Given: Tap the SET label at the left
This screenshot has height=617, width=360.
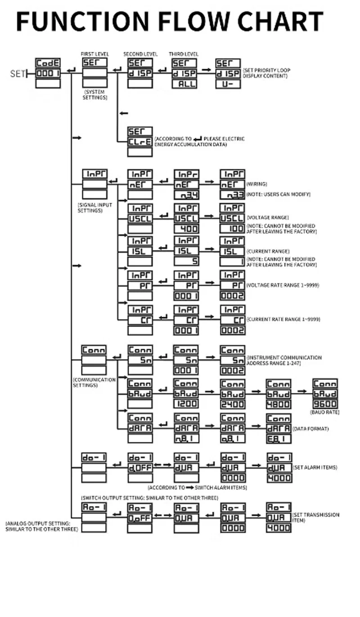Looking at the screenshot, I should click(18, 73).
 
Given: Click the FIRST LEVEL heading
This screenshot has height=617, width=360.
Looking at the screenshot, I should click(94, 54).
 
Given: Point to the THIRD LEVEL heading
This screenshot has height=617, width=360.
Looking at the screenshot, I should click(184, 54).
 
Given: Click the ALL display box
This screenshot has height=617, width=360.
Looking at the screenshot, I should click(185, 84).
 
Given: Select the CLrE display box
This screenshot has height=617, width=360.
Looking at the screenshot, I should click(139, 141).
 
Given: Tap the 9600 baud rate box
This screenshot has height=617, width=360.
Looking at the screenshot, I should click(325, 404).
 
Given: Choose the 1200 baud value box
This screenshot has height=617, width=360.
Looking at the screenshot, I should click(186, 404).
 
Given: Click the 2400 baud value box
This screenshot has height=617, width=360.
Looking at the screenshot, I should click(232, 404).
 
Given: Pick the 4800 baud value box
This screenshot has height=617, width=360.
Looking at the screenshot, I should click(278, 404).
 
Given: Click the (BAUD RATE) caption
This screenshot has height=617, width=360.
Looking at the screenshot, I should click(324, 412).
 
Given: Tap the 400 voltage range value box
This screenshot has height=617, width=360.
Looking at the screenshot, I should click(186, 229).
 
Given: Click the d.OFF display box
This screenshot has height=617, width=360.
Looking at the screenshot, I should click(140, 468).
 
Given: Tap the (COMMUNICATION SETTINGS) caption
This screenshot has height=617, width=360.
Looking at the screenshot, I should click(94, 383).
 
